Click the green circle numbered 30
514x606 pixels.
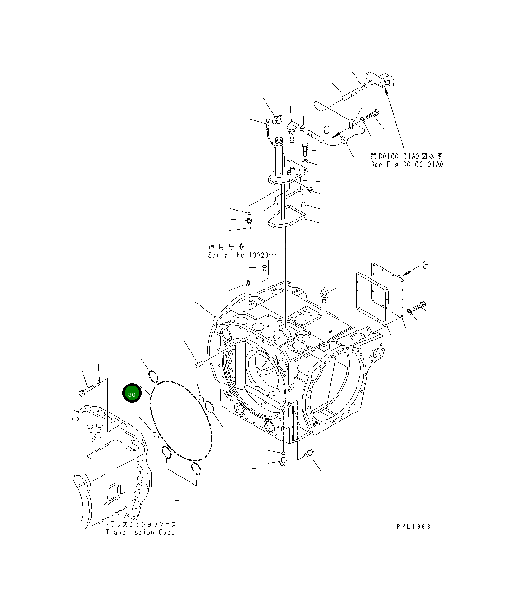pos(132,394)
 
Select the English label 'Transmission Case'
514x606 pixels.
pos(140,533)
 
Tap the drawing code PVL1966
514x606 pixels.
pos(413,527)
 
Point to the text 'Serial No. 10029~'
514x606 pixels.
pos(241,255)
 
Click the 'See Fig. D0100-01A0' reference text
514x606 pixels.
pos(406,165)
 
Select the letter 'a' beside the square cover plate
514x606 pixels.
pos(425,265)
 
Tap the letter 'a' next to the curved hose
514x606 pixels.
pos(326,129)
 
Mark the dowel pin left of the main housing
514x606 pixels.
pos(199,364)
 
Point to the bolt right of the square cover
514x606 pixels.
pos(420,306)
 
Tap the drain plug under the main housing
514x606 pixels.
pos(283,461)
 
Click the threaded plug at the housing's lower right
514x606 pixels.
pos(309,453)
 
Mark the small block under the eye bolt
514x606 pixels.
pos(324,346)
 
